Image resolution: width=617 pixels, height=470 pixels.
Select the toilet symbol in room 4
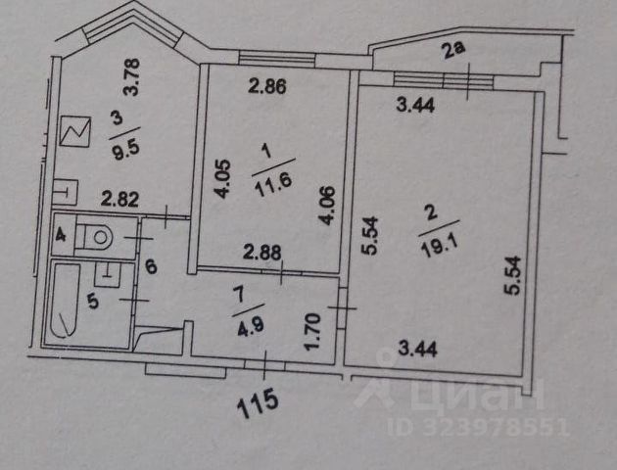tap(96, 237)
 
